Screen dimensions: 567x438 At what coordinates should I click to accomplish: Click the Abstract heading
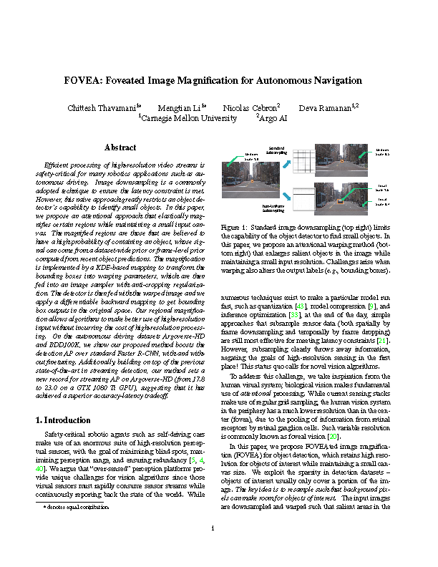click(x=120, y=147)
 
